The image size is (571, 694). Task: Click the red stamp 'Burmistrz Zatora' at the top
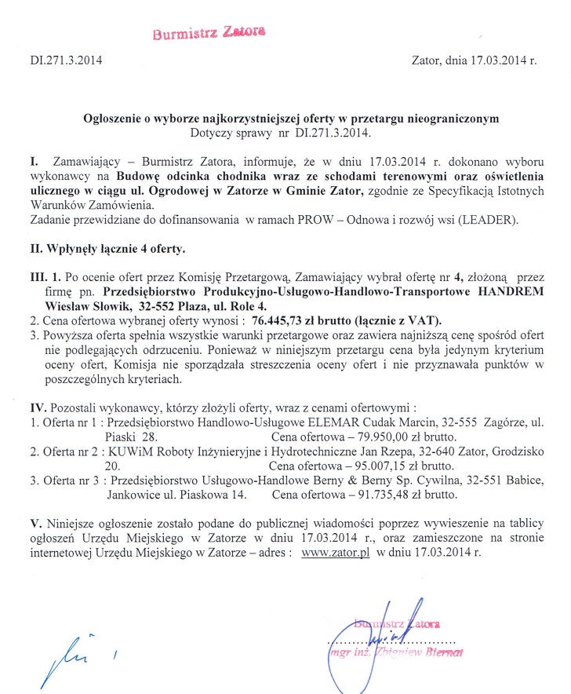209,32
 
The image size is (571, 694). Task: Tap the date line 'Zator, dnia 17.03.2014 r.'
474,60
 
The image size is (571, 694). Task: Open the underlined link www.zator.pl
330,552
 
